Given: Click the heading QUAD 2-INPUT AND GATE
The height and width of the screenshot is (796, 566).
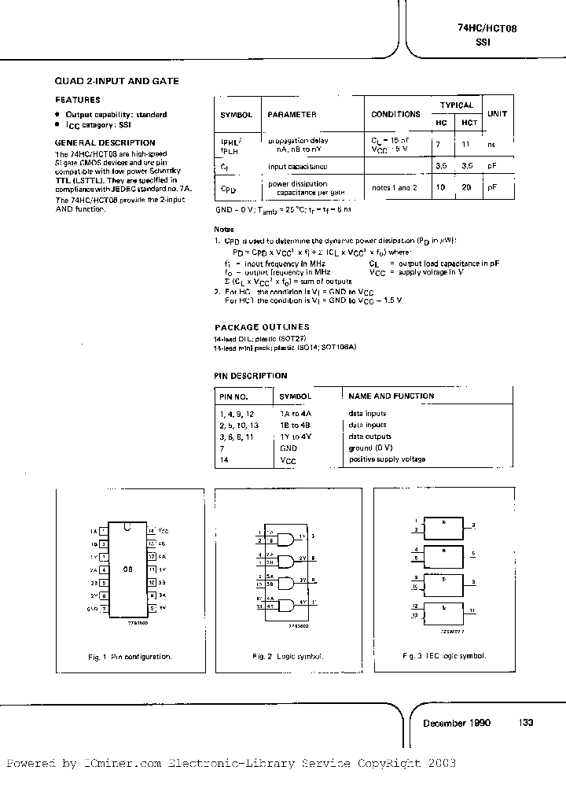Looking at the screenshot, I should (x=116, y=81).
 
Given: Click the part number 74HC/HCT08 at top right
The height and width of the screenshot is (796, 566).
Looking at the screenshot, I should (x=487, y=28).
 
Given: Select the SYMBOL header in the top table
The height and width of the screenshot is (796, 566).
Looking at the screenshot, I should (x=235, y=114).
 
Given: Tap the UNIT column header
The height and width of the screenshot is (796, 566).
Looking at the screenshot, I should (x=497, y=113).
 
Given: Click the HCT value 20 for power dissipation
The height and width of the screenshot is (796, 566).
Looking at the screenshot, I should (x=469, y=188).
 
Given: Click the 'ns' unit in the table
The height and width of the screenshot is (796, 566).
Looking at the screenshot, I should (x=491, y=145).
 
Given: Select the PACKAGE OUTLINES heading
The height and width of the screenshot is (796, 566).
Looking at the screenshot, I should (x=262, y=326).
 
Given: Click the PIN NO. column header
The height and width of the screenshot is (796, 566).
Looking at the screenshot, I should (x=233, y=396).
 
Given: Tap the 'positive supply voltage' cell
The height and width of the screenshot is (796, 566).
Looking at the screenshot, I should (x=387, y=459).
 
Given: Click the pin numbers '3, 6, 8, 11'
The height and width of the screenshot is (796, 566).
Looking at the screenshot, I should (x=237, y=437).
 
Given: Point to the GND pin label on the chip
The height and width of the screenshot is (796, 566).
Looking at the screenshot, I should (x=92, y=609).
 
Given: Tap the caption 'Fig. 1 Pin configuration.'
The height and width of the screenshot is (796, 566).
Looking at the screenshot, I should (x=130, y=656).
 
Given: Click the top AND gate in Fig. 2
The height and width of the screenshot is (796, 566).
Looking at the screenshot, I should (x=287, y=540).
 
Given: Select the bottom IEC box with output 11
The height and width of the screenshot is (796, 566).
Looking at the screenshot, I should (x=444, y=611).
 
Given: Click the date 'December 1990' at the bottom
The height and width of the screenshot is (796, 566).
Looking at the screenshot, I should (x=457, y=723).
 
